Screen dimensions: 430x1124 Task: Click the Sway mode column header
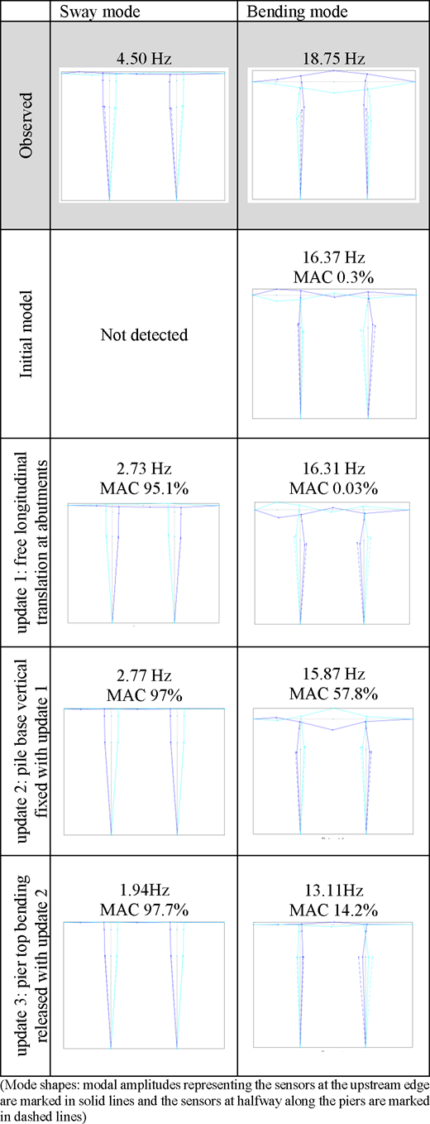(x=100, y=12)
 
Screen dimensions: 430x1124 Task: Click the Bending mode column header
(x=297, y=12)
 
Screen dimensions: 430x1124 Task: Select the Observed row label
(x=26, y=126)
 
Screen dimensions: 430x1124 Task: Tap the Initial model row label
(x=26, y=334)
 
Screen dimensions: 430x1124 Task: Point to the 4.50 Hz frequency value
(x=144, y=59)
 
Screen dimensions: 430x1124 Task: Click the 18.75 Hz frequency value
(x=333, y=59)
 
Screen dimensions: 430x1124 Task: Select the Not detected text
(x=145, y=334)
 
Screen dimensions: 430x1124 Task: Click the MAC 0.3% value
(x=333, y=277)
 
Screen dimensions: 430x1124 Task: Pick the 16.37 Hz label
(x=333, y=257)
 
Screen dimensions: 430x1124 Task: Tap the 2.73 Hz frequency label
(x=144, y=468)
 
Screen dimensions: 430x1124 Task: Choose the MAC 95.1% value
(x=145, y=488)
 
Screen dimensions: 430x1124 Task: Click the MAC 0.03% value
(x=333, y=488)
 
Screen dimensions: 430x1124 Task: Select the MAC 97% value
(x=145, y=695)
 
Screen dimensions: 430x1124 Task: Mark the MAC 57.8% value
(x=333, y=694)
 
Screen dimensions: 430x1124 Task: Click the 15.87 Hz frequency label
(x=333, y=674)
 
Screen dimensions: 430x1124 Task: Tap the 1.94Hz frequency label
(x=145, y=890)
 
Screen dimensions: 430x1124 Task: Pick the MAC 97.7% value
(x=145, y=910)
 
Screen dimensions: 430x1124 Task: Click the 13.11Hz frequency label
(x=334, y=890)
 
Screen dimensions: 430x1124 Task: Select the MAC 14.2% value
(x=333, y=910)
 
